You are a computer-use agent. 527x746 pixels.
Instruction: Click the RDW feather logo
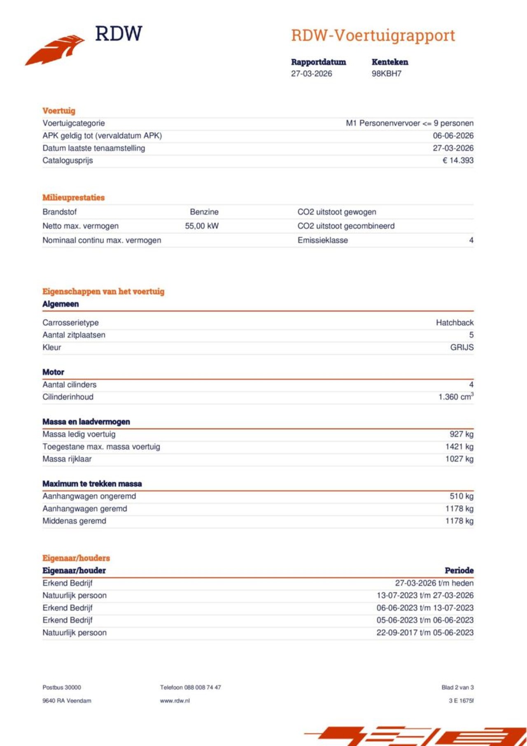56,49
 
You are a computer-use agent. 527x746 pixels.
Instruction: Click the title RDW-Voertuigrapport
373,35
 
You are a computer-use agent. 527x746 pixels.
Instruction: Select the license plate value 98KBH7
386,74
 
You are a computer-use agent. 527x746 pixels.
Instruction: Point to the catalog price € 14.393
458,161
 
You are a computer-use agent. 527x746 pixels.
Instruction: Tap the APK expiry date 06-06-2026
453,136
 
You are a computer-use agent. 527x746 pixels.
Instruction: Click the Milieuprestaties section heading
73,198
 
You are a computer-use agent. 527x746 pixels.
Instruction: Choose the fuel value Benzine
204,212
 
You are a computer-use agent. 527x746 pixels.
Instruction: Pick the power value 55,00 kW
202,226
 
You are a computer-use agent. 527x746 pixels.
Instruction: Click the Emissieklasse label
322,240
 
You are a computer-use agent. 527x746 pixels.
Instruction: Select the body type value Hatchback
455,323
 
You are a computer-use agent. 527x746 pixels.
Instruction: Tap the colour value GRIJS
462,347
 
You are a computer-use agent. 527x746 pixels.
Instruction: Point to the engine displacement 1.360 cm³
455,397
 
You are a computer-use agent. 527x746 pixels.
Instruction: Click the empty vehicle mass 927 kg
461,434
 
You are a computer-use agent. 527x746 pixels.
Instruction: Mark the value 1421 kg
459,447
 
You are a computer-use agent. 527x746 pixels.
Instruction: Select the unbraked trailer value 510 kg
461,497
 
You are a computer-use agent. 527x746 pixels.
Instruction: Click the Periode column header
459,571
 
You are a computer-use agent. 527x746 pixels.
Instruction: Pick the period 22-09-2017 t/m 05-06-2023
424,633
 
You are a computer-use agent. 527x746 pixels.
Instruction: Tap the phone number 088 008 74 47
202,688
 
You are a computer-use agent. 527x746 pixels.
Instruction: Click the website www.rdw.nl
175,701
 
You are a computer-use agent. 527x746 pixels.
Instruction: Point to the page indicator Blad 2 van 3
457,688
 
